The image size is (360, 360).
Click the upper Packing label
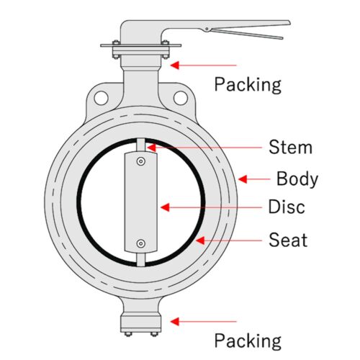(x=248, y=85)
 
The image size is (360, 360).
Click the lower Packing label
(x=248, y=341)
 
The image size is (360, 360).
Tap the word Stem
(x=290, y=147)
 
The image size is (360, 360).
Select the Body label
(x=297, y=179)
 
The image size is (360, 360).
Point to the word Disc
(x=287, y=207)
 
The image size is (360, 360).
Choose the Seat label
(x=288, y=240)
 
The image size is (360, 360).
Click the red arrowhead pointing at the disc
(x=165, y=207)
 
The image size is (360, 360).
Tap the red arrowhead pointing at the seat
(x=200, y=240)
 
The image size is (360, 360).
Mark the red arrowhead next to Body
(x=243, y=179)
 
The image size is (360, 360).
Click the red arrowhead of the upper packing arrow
(x=175, y=65)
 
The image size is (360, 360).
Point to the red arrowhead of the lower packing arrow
(x=175, y=321)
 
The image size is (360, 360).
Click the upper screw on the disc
(x=141, y=161)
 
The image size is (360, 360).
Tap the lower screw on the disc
(x=141, y=243)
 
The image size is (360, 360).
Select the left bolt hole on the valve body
(x=101, y=98)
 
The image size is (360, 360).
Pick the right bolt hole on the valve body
(x=180, y=98)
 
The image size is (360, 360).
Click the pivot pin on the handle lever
(x=207, y=29)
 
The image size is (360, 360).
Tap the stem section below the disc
(x=141, y=259)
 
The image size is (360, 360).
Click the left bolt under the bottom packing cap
(x=128, y=334)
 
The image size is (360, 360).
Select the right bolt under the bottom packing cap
(x=154, y=334)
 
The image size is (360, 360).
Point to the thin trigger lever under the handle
(x=247, y=34)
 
